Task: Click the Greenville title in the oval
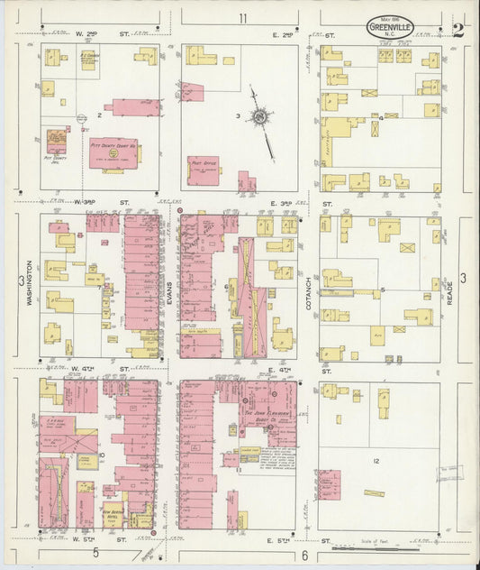click(x=390, y=28)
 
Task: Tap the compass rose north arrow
click(x=261, y=117)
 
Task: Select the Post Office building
click(x=204, y=169)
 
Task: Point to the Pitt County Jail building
click(x=57, y=142)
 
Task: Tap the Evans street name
click(x=168, y=289)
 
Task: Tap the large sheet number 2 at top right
click(x=458, y=29)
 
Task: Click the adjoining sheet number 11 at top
click(x=243, y=18)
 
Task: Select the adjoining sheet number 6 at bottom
click(x=305, y=556)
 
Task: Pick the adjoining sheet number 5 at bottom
click(x=95, y=552)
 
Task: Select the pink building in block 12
click(x=329, y=484)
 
